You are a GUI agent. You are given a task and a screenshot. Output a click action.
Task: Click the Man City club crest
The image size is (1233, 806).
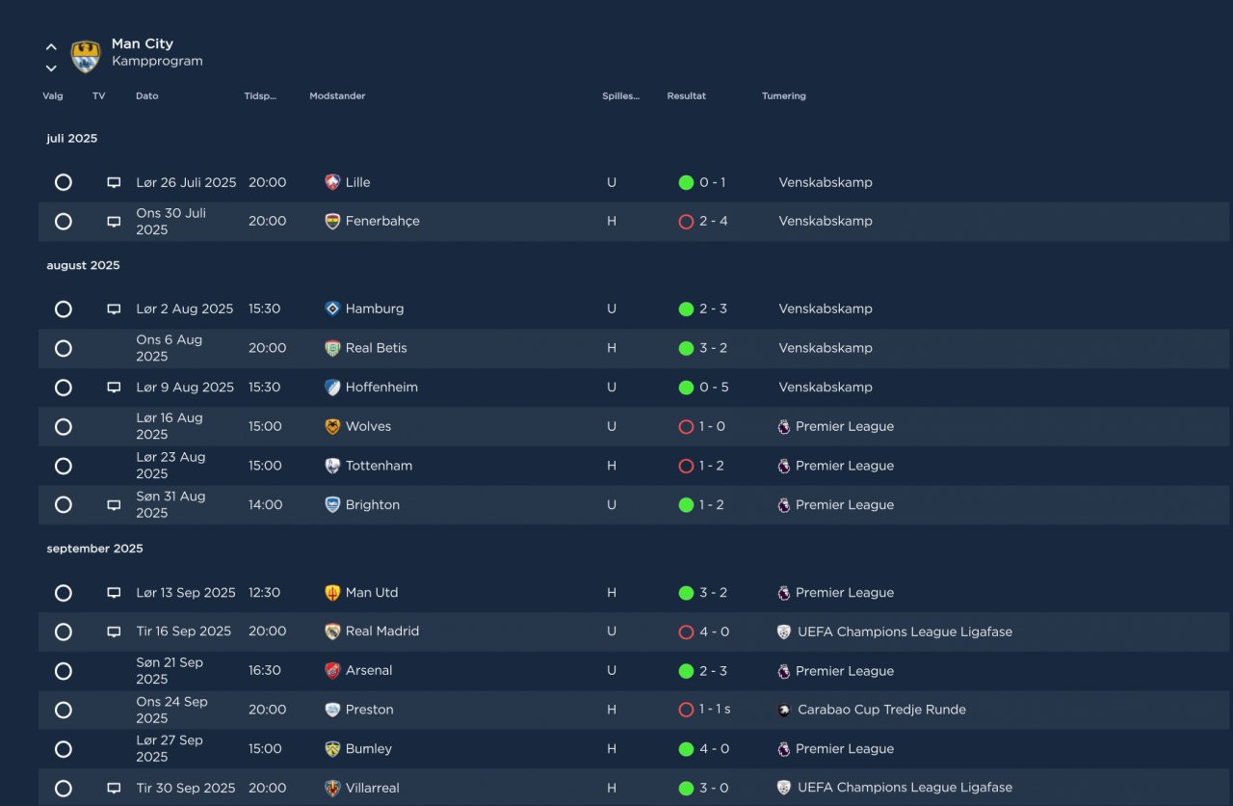pyautogui.click(x=86, y=56)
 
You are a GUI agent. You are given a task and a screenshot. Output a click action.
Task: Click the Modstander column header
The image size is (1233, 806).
pyautogui.click(x=337, y=96)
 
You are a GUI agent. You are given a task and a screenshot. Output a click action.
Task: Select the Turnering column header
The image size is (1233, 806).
pyautogui.click(x=783, y=96)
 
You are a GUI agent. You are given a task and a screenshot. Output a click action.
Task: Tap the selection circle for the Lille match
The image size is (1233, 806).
pyautogui.click(x=64, y=182)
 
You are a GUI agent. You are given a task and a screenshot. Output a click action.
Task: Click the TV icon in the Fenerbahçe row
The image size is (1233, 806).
pyautogui.click(x=114, y=222)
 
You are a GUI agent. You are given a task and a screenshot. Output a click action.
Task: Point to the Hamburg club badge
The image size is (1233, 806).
pyautogui.click(x=332, y=309)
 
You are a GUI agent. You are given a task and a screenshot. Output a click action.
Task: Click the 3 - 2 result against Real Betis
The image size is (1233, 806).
pyautogui.click(x=713, y=348)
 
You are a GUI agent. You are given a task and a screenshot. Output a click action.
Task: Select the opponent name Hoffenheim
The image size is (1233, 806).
pyautogui.click(x=381, y=388)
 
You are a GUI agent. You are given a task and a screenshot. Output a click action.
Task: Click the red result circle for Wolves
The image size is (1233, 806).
pyautogui.click(x=686, y=427)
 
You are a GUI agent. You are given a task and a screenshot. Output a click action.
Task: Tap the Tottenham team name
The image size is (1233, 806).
pyautogui.click(x=379, y=466)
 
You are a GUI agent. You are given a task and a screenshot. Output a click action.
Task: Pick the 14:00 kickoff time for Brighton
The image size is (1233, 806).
pyautogui.click(x=266, y=505)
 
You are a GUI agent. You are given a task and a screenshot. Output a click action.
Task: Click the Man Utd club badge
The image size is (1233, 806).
pyautogui.click(x=332, y=593)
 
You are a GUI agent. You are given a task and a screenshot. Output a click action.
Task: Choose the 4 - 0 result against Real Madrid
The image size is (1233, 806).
pyautogui.click(x=714, y=632)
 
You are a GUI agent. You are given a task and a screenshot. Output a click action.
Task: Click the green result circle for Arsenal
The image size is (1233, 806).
pyautogui.click(x=686, y=671)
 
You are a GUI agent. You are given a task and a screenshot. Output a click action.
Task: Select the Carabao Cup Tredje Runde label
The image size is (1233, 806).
pyautogui.click(x=881, y=710)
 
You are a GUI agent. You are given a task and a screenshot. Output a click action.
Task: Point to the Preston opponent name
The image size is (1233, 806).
pyautogui.click(x=369, y=710)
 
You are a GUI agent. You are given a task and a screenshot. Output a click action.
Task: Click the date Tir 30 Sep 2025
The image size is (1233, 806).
pyautogui.click(x=186, y=788)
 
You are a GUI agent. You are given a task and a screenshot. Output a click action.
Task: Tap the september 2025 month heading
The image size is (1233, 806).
pyautogui.click(x=94, y=549)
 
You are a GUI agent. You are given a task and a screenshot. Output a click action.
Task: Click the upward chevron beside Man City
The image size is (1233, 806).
pyautogui.click(x=51, y=46)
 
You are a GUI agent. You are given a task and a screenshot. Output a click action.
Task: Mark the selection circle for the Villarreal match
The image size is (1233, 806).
pyautogui.click(x=64, y=788)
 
